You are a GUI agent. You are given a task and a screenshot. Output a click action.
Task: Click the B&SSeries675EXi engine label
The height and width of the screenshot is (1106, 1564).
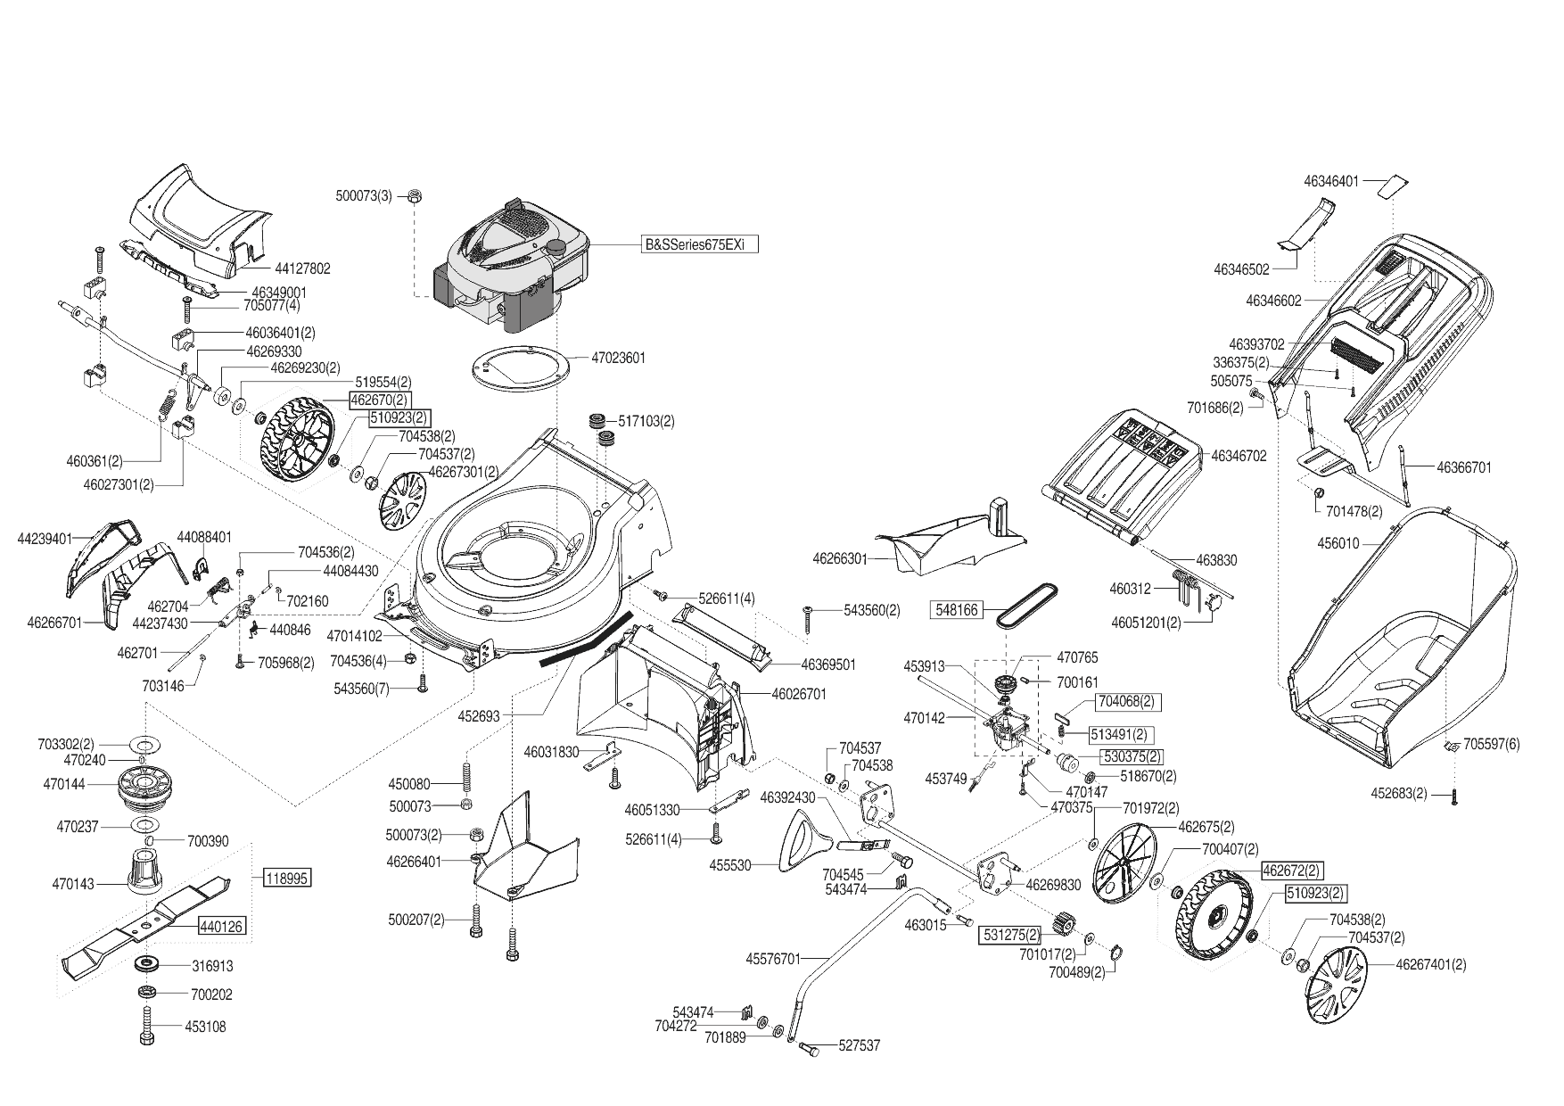700,243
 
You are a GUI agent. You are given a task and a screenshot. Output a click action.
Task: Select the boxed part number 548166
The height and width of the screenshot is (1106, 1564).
956,610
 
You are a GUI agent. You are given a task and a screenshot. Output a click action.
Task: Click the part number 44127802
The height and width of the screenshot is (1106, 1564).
302,268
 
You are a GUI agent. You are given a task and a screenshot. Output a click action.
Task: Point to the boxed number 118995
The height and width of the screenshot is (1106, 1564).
286,879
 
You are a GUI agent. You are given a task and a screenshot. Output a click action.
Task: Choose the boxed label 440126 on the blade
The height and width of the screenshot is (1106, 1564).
221,927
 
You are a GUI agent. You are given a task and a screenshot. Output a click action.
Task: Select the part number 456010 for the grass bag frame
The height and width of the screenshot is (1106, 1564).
1338,543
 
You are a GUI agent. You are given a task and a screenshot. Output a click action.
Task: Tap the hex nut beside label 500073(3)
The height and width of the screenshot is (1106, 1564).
415,195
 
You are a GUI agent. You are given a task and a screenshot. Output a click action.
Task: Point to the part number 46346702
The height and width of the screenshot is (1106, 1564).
1239,456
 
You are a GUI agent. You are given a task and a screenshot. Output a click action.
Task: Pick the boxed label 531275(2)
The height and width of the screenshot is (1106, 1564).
1011,936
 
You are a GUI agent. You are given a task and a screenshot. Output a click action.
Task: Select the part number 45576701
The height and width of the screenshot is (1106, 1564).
774,959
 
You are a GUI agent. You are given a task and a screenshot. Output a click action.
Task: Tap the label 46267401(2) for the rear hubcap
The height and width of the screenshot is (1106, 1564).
1430,964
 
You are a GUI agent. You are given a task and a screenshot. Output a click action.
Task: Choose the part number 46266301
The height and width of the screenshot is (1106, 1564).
840,559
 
